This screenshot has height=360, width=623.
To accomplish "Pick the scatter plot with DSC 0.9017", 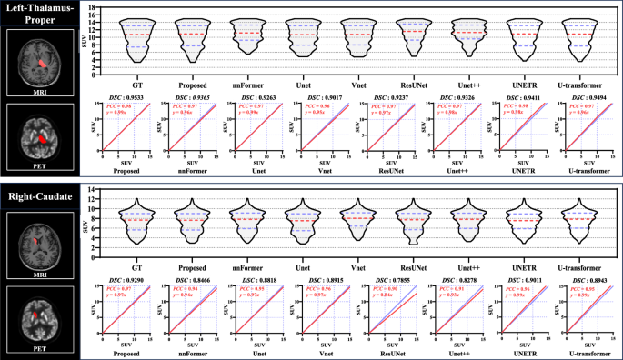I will (x=325, y=133).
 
